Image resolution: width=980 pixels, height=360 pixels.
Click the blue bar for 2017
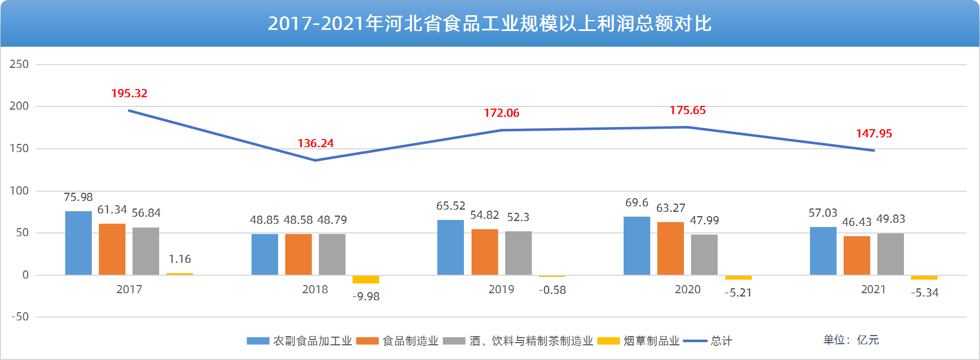pos(78,243)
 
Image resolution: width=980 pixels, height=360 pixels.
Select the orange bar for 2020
pos(670,248)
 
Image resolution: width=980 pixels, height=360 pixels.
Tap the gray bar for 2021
pos(890,254)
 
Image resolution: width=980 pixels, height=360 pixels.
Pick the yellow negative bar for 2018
pos(366,279)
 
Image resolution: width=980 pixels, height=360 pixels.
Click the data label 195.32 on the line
pos(129,93)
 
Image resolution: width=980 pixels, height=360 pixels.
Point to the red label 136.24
pos(316,143)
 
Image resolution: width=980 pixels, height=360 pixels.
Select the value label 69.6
pos(637,203)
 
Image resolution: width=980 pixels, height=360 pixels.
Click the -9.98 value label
pos(366,296)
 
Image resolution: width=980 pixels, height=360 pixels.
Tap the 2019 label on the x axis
pos(501,289)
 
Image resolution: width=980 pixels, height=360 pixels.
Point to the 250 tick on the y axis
pos(19,64)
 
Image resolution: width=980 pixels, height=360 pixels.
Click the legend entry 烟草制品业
pos(651,341)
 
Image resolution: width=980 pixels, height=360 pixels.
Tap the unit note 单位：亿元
pos(851,340)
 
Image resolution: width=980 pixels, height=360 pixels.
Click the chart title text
pos(489,23)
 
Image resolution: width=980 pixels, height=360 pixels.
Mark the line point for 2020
pos(687,127)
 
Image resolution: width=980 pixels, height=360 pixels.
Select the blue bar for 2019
pos(450,247)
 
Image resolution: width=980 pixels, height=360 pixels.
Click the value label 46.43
pos(857,222)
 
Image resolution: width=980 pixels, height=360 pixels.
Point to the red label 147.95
pos(874,134)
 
